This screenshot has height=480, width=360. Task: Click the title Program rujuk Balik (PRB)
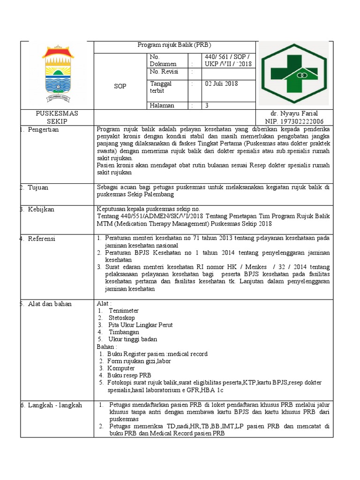[174, 45]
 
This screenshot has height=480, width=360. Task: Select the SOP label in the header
[120, 86]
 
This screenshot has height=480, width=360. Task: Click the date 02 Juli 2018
[221, 84]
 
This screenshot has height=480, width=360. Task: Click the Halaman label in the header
[162, 105]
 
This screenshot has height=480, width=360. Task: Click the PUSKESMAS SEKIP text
[57, 117]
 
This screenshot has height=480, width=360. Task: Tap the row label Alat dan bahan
[49, 304]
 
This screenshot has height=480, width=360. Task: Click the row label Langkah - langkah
[54, 405]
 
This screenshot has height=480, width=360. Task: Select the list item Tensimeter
[123, 311]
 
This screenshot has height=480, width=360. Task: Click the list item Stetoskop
[121, 318]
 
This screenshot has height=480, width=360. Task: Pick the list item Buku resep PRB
[129, 375]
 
